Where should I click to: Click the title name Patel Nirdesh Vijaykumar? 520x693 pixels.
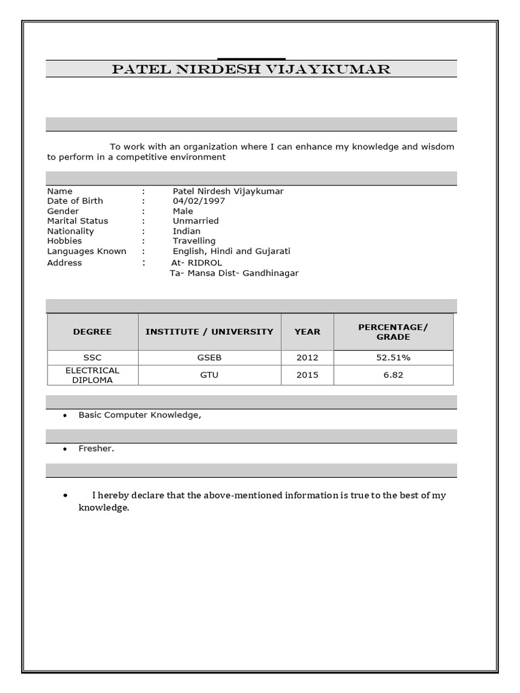click(251, 69)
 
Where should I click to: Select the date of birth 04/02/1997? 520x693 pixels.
click(199, 201)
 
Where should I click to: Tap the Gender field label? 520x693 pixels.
click(63, 211)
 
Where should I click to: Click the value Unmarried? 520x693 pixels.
click(196, 221)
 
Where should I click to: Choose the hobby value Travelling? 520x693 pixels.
click(194, 241)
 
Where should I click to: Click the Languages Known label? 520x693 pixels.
click(87, 251)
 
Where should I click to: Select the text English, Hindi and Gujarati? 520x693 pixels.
click(232, 251)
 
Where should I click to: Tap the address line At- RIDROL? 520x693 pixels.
click(197, 263)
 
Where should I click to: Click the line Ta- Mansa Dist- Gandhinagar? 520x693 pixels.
click(234, 273)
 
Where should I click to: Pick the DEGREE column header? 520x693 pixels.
click(93, 332)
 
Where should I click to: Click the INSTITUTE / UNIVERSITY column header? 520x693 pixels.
click(209, 332)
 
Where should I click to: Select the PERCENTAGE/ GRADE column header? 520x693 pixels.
click(393, 332)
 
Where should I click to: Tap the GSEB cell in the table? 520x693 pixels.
click(209, 357)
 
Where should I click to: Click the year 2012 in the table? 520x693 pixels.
click(307, 357)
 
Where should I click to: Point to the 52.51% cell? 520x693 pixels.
click(393, 357)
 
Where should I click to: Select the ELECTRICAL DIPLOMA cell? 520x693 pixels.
click(93, 375)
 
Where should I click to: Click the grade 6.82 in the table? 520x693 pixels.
click(393, 375)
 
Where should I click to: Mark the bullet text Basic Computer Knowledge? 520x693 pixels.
click(139, 415)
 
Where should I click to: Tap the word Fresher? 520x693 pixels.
click(96, 449)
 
